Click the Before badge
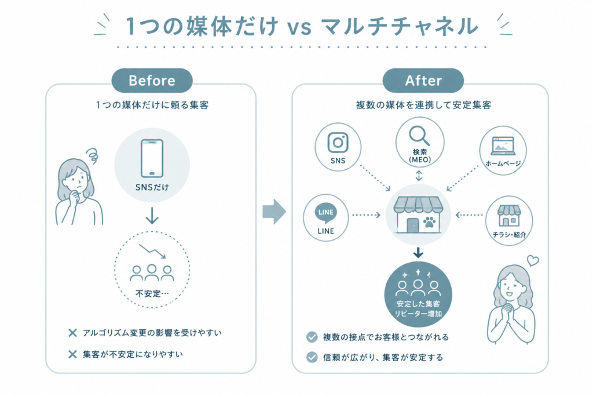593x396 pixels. pyautogui.click(x=152, y=80)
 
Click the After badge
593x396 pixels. pyautogui.click(x=423, y=80)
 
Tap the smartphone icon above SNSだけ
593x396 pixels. pyautogui.click(x=152, y=158)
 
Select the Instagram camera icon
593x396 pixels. pyautogui.click(x=338, y=143)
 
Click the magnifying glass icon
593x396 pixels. pyautogui.click(x=419, y=136)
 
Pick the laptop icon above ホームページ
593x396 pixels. pyautogui.click(x=503, y=146)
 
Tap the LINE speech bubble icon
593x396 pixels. pyautogui.click(x=325, y=213)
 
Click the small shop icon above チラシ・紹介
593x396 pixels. pyautogui.click(x=509, y=215)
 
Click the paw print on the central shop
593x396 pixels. pyautogui.click(x=429, y=222)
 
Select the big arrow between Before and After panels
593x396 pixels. pyautogui.click(x=274, y=212)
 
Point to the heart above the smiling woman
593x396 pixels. pyautogui.click(x=533, y=260)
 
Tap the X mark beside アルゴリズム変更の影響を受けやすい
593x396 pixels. pyautogui.click(x=72, y=333)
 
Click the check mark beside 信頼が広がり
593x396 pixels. pyautogui.click(x=312, y=357)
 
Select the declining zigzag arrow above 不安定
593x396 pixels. pyautogui.click(x=152, y=251)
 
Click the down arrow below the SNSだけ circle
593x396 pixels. pyautogui.click(x=152, y=216)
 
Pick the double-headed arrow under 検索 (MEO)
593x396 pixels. pyautogui.click(x=419, y=176)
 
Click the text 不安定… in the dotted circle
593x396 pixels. pyautogui.click(x=152, y=293)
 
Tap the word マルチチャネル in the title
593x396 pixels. pyautogui.click(x=399, y=26)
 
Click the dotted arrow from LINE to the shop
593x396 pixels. pyautogui.click(x=366, y=215)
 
